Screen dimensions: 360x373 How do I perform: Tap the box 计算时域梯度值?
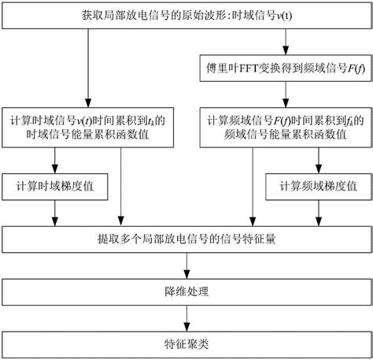[x=54, y=189]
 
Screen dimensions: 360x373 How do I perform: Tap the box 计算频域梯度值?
[x=318, y=189]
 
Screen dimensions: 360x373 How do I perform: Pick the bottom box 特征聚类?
[x=186, y=344]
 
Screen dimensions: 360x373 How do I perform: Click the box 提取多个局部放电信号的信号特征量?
[x=186, y=239]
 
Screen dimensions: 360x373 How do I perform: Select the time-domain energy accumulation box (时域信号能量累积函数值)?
[x=88, y=127]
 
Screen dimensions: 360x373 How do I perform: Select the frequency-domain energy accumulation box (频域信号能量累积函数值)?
[x=283, y=127]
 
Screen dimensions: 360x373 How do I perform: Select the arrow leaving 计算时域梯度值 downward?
[x=54, y=213]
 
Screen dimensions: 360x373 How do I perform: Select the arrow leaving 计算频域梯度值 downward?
[x=318, y=213]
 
